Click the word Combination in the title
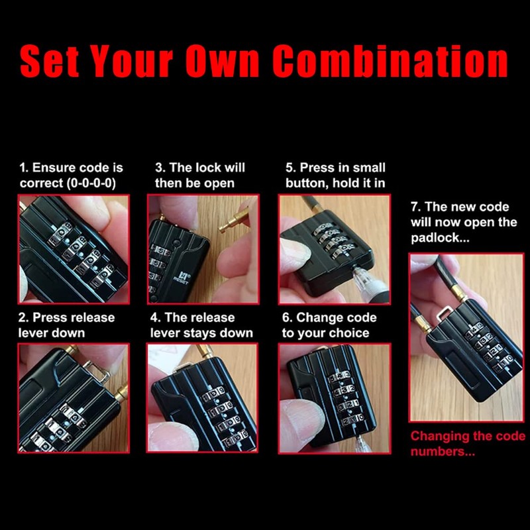[x=390, y=60]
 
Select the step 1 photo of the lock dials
[x=74, y=249]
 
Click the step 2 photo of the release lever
[x=74, y=398]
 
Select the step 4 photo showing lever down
[x=202, y=398]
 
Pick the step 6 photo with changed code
[x=335, y=398]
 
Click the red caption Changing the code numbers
[x=467, y=444]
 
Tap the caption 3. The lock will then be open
[x=199, y=176]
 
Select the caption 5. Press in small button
[x=335, y=176]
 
